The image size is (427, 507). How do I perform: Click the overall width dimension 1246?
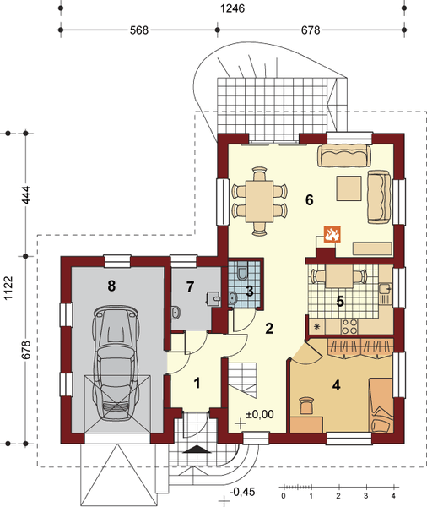pos(232,8)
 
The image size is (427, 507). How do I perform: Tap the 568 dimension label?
pos(139,30)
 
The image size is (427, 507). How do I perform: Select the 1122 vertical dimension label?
pos(8,288)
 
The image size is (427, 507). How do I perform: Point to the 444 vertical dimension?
pos(25,194)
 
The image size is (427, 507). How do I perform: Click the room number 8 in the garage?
pos(111,286)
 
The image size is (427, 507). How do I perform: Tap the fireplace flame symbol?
pos(332,234)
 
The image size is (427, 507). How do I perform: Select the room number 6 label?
pos(309,200)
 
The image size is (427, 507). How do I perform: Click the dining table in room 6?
pos(259,201)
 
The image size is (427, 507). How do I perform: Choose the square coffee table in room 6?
pos(349,188)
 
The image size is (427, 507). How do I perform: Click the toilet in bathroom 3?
pos(241,272)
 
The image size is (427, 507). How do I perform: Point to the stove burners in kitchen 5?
pos(349,326)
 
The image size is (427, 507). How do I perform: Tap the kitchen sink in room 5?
pos(384,288)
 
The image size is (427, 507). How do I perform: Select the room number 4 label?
pos(336,385)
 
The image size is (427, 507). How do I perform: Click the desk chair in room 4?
pos(306,406)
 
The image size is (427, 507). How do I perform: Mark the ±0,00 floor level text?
pos(260,414)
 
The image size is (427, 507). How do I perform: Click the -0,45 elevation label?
pos(242,492)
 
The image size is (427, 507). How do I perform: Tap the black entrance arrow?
pos(195,449)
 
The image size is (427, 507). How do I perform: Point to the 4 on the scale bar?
pos(393,496)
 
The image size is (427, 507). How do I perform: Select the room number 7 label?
pos(190,286)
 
